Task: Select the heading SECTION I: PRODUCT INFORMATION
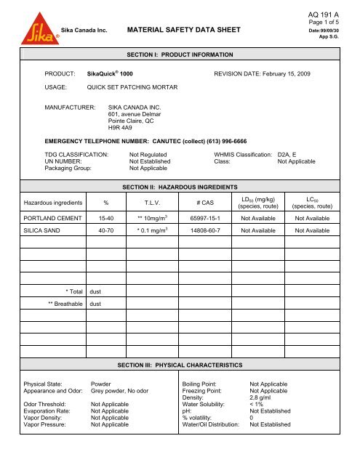pyautogui.click(x=180, y=55)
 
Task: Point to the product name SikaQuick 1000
pyautogui.click(x=112, y=74)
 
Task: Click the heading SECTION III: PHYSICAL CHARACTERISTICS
pyautogui.click(x=180, y=363)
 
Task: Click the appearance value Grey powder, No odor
pyautogui.click(x=120, y=390)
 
